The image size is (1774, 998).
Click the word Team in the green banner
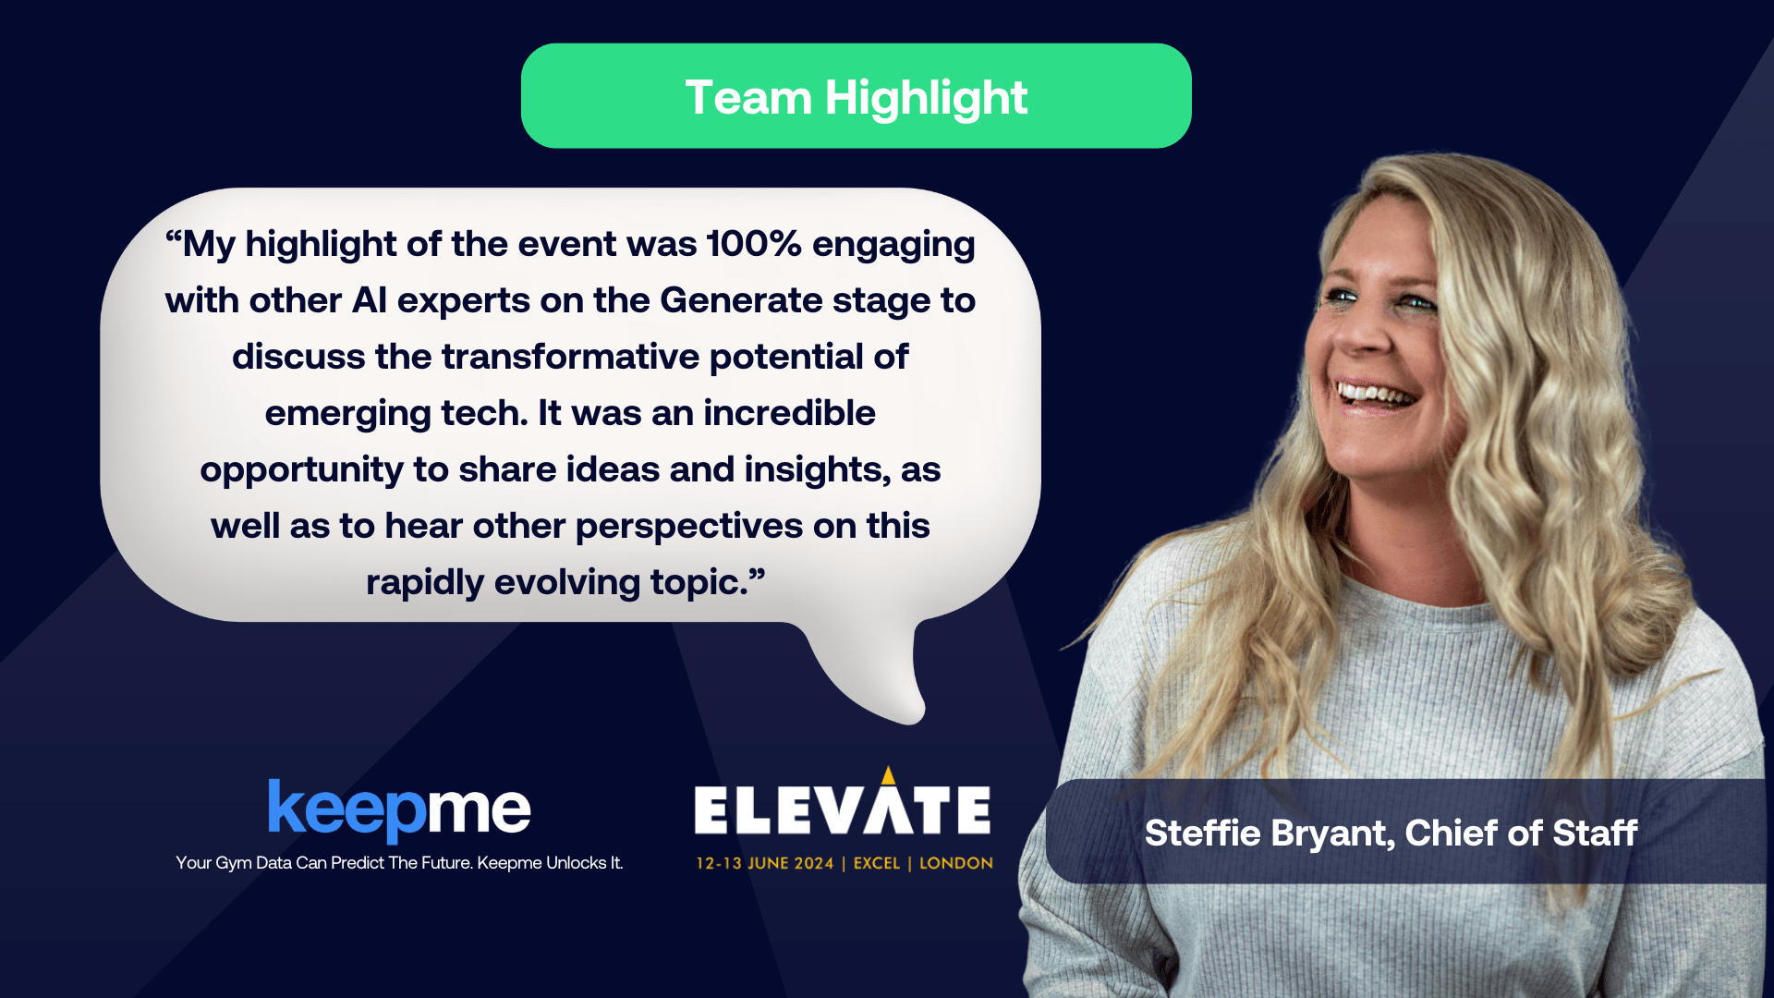747,98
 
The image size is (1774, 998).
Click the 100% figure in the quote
754,244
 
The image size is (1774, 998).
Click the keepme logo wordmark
399,809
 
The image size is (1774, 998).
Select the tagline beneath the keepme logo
399,863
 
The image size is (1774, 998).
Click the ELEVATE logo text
843,809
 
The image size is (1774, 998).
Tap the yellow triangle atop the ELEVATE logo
888,774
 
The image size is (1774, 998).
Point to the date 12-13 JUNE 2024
765,863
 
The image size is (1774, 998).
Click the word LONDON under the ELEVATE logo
956,863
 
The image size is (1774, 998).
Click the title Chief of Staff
1522,833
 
